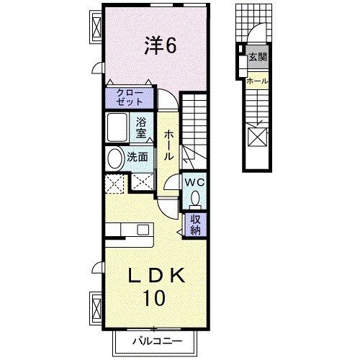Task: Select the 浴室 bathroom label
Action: pos(141,127)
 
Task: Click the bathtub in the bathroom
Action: pos(117,128)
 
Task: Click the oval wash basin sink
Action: pos(115,158)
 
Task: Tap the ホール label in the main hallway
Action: pos(168,144)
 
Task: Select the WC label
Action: pos(195,182)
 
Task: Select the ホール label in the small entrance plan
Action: pos(257,81)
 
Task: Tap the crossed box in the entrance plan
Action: pos(257,137)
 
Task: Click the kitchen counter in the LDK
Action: pos(130,230)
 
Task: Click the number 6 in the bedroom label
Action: pos(171,45)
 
